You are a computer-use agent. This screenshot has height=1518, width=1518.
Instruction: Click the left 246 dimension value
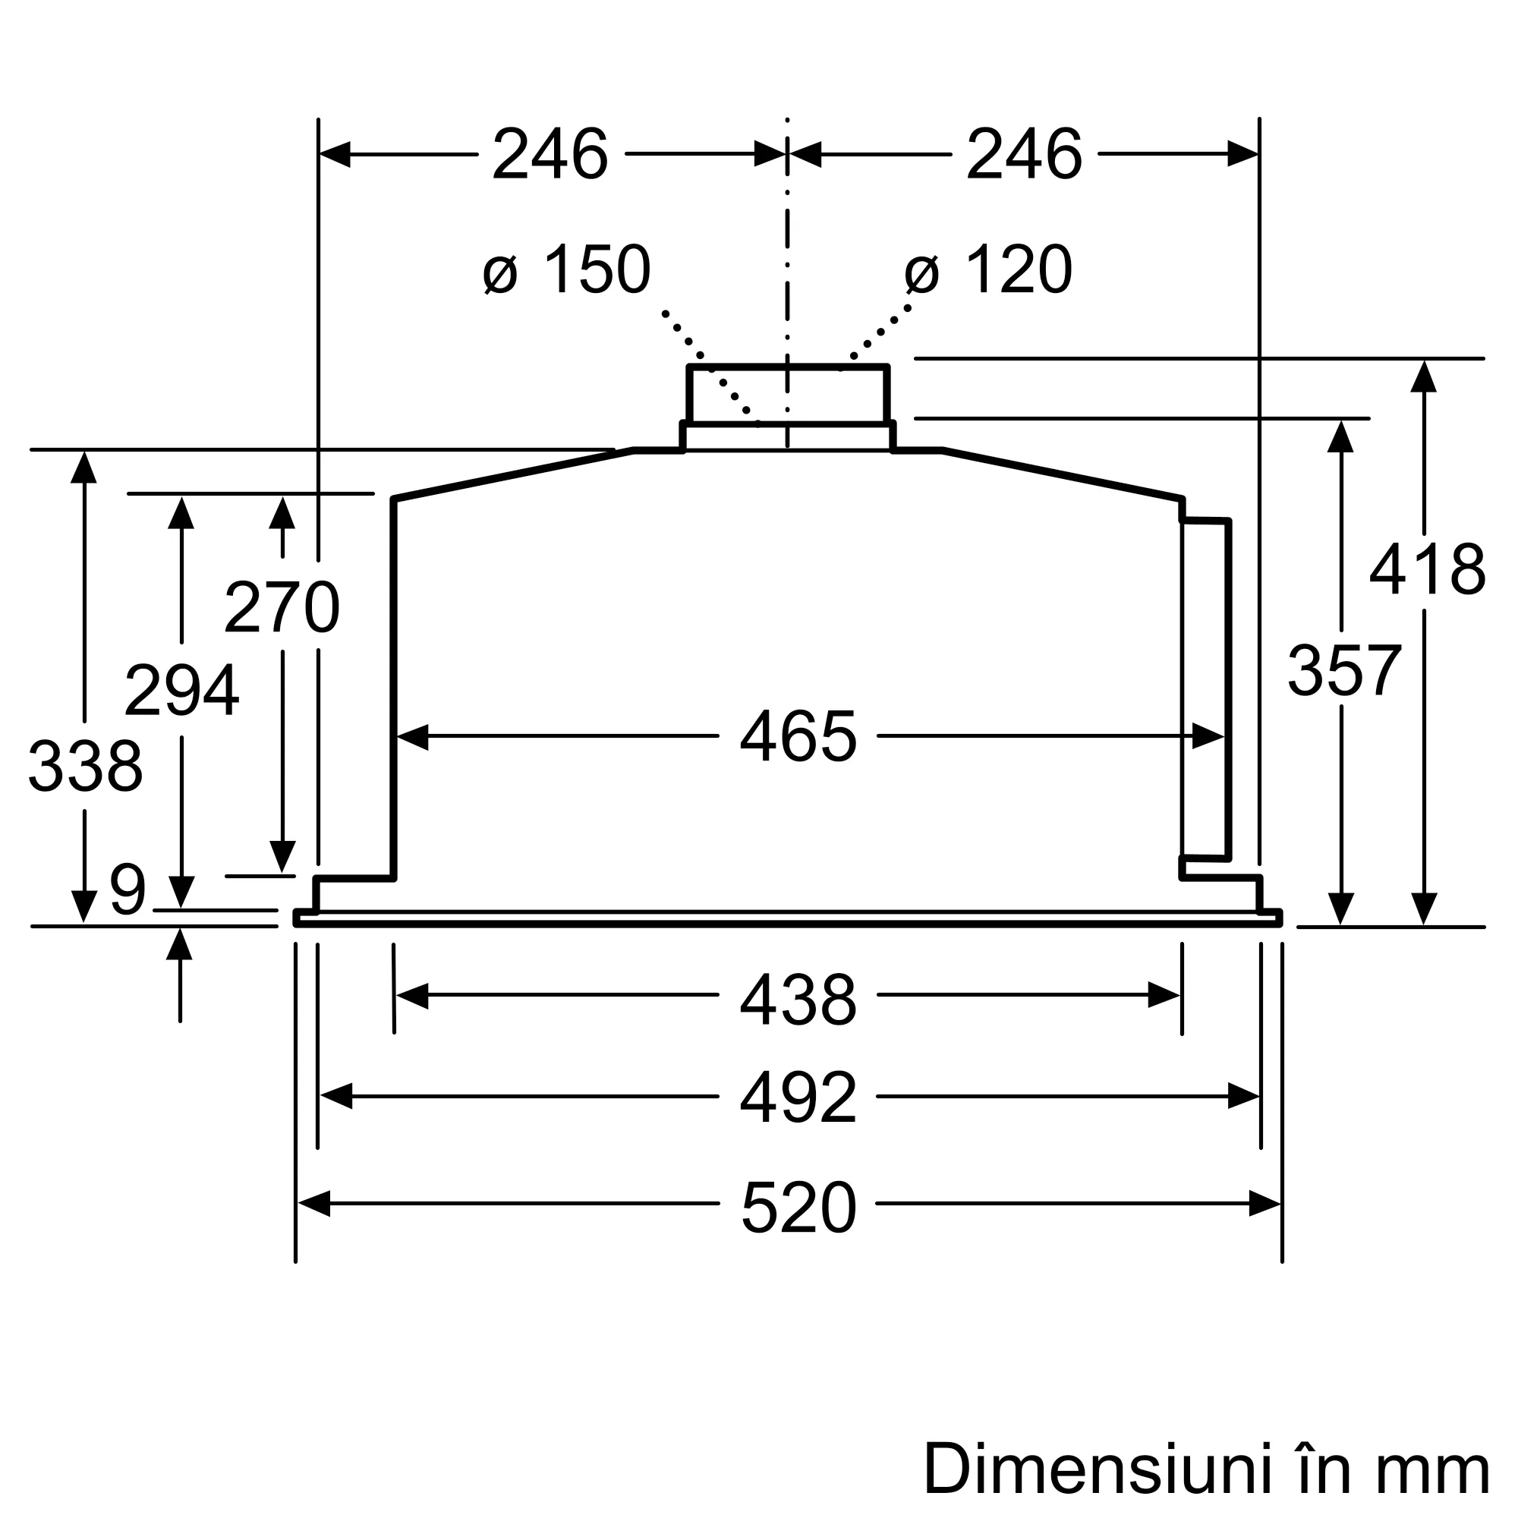[550, 155]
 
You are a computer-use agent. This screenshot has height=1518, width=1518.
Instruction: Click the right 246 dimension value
[1024, 155]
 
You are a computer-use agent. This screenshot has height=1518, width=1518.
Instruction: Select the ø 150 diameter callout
[567, 270]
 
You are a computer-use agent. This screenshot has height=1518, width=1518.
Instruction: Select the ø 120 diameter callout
[988, 270]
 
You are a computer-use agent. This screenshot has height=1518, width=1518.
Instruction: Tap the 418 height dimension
[1427, 570]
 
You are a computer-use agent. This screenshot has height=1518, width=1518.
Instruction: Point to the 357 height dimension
[1344, 670]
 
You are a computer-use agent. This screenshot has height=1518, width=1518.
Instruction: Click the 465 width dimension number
[798, 737]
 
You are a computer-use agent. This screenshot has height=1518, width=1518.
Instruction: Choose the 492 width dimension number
[798, 1098]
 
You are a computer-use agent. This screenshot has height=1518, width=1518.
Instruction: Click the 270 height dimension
[282, 607]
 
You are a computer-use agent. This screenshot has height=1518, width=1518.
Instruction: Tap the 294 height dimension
[181, 691]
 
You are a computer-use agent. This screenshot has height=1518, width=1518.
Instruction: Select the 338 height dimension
[85, 766]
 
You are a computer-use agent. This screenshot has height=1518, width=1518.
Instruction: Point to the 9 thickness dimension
[128, 890]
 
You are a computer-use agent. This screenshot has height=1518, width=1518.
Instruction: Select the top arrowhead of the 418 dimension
[1424, 376]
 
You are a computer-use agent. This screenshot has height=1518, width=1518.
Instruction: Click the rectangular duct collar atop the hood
[787, 395]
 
